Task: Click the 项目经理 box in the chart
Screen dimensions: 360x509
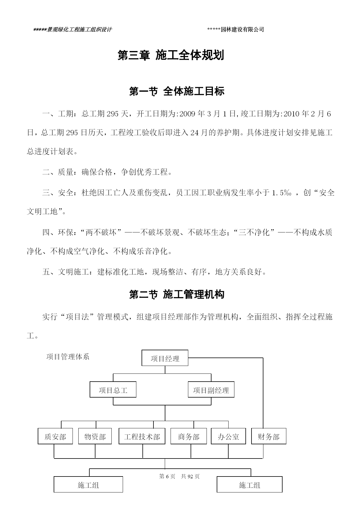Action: click(165, 358)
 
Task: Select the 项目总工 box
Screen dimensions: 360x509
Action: click(113, 389)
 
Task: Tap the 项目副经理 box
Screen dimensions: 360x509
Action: click(211, 389)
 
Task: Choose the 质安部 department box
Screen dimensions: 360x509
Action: click(55, 436)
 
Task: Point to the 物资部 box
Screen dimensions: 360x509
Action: click(95, 436)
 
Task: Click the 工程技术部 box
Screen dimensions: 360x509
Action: click(142, 436)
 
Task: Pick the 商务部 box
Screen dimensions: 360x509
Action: click(189, 436)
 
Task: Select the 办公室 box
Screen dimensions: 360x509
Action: click(228, 436)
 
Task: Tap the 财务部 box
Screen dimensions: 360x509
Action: click(269, 436)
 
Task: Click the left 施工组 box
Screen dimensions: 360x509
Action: click(88, 484)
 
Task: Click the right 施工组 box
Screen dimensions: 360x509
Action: click(249, 484)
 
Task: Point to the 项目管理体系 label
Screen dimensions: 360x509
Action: click(68, 357)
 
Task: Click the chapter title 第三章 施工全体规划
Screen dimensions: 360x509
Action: click(171, 55)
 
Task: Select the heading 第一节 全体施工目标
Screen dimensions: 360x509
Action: click(177, 91)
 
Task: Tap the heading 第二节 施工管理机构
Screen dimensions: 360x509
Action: click(177, 295)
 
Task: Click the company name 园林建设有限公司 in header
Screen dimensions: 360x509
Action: click(243, 29)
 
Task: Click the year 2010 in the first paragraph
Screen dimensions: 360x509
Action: click(291, 114)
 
